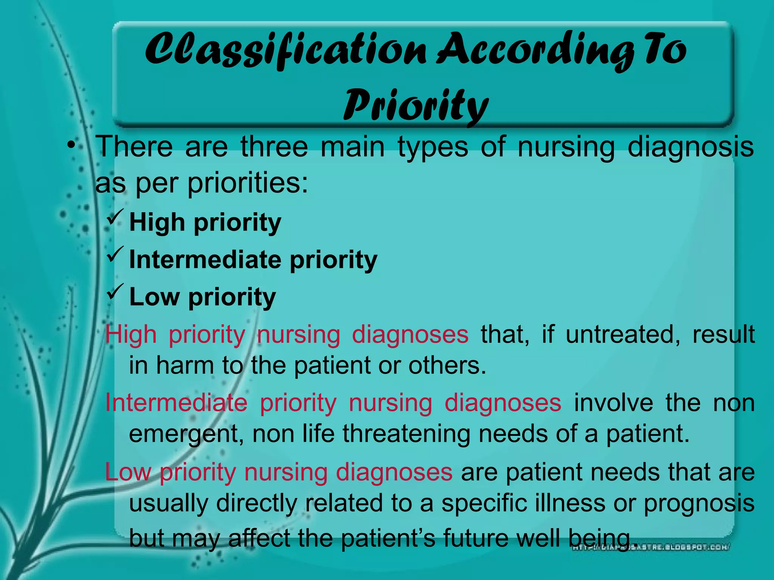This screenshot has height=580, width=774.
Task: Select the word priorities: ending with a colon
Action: click(248, 184)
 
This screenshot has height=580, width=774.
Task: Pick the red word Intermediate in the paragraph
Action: click(176, 403)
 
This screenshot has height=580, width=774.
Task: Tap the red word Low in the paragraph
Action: click(128, 472)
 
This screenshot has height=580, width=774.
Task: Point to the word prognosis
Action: click(699, 504)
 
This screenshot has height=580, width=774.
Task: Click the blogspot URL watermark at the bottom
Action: click(650, 547)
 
